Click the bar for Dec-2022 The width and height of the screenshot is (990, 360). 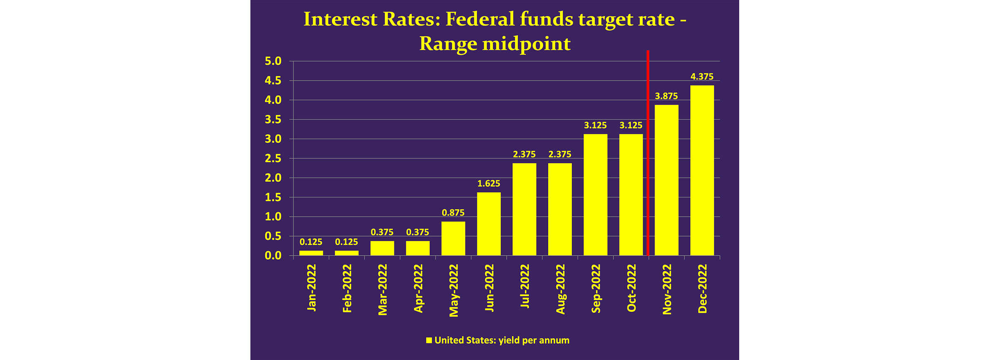(702, 170)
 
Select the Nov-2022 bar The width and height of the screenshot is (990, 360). (666, 180)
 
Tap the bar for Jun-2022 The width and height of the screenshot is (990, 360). (489, 224)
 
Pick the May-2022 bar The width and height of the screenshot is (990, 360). (453, 238)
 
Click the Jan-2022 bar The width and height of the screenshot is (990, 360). (311, 253)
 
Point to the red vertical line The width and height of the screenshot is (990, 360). (648, 153)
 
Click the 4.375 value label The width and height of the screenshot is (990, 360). (702, 77)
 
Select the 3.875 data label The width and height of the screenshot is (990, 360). (666, 96)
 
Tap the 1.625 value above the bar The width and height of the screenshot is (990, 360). (489, 184)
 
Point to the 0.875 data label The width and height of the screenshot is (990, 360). (453, 213)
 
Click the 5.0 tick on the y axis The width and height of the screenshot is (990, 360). (273, 61)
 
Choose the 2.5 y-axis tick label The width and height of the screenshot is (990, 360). (273, 158)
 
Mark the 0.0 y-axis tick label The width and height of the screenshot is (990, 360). (273, 256)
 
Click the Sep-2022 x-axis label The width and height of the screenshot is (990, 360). (596, 289)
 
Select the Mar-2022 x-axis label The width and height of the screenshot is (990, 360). (383, 289)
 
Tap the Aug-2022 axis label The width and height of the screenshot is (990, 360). (560, 289)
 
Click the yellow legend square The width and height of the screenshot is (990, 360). (429, 340)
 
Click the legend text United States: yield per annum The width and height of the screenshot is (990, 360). (502, 340)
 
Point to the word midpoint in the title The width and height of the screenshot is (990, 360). (526, 44)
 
